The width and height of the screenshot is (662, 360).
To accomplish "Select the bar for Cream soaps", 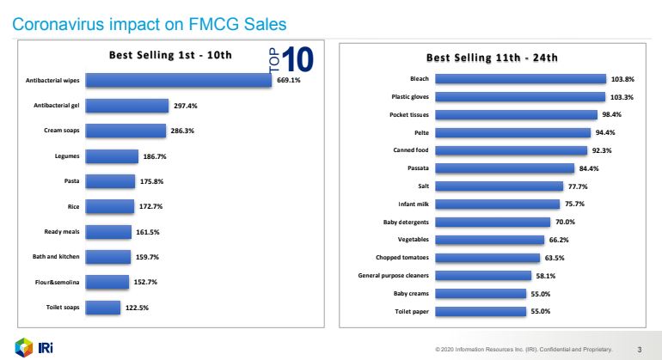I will click(125, 131).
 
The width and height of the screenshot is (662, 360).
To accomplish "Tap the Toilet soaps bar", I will click(103, 307).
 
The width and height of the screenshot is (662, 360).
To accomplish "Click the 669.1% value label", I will click(289, 81).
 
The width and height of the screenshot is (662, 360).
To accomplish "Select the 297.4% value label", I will click(186, 106).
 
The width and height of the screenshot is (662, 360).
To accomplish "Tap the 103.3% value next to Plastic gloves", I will click(622, 96).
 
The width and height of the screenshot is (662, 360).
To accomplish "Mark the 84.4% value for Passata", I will click(590, 168).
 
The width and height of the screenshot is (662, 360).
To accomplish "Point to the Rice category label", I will click(73, 206).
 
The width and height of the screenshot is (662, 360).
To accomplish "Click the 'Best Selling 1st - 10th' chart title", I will click(170, 55).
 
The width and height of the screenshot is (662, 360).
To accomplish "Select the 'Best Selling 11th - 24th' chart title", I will click(493, 58).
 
